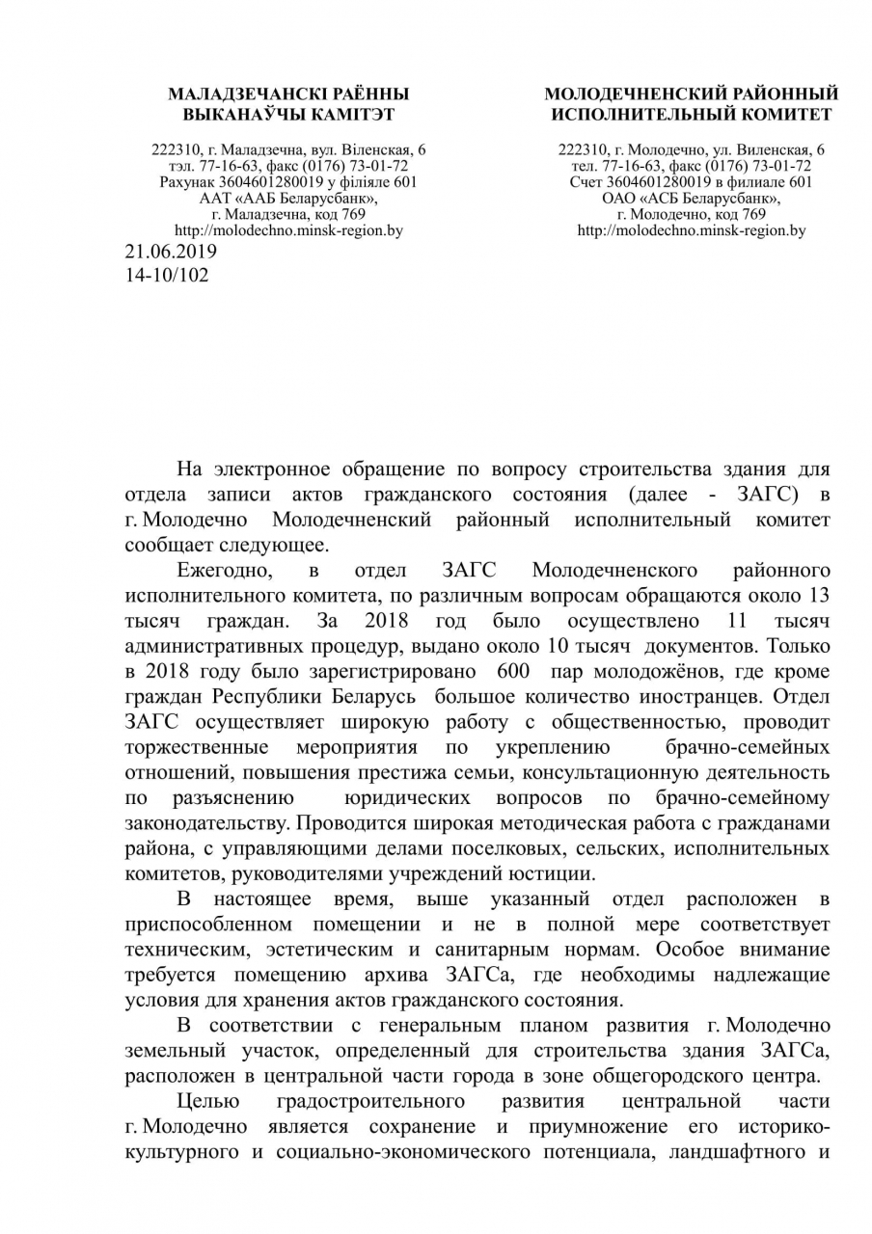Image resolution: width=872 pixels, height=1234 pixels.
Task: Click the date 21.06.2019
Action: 171,252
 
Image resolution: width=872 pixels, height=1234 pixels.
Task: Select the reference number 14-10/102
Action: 167,274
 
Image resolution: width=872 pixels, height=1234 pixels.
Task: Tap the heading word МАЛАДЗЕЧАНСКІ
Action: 234,94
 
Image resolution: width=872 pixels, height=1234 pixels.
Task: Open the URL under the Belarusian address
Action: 288,230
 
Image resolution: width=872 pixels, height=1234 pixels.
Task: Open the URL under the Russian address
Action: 692,230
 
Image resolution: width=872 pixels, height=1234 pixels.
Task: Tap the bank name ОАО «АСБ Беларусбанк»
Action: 692,198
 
